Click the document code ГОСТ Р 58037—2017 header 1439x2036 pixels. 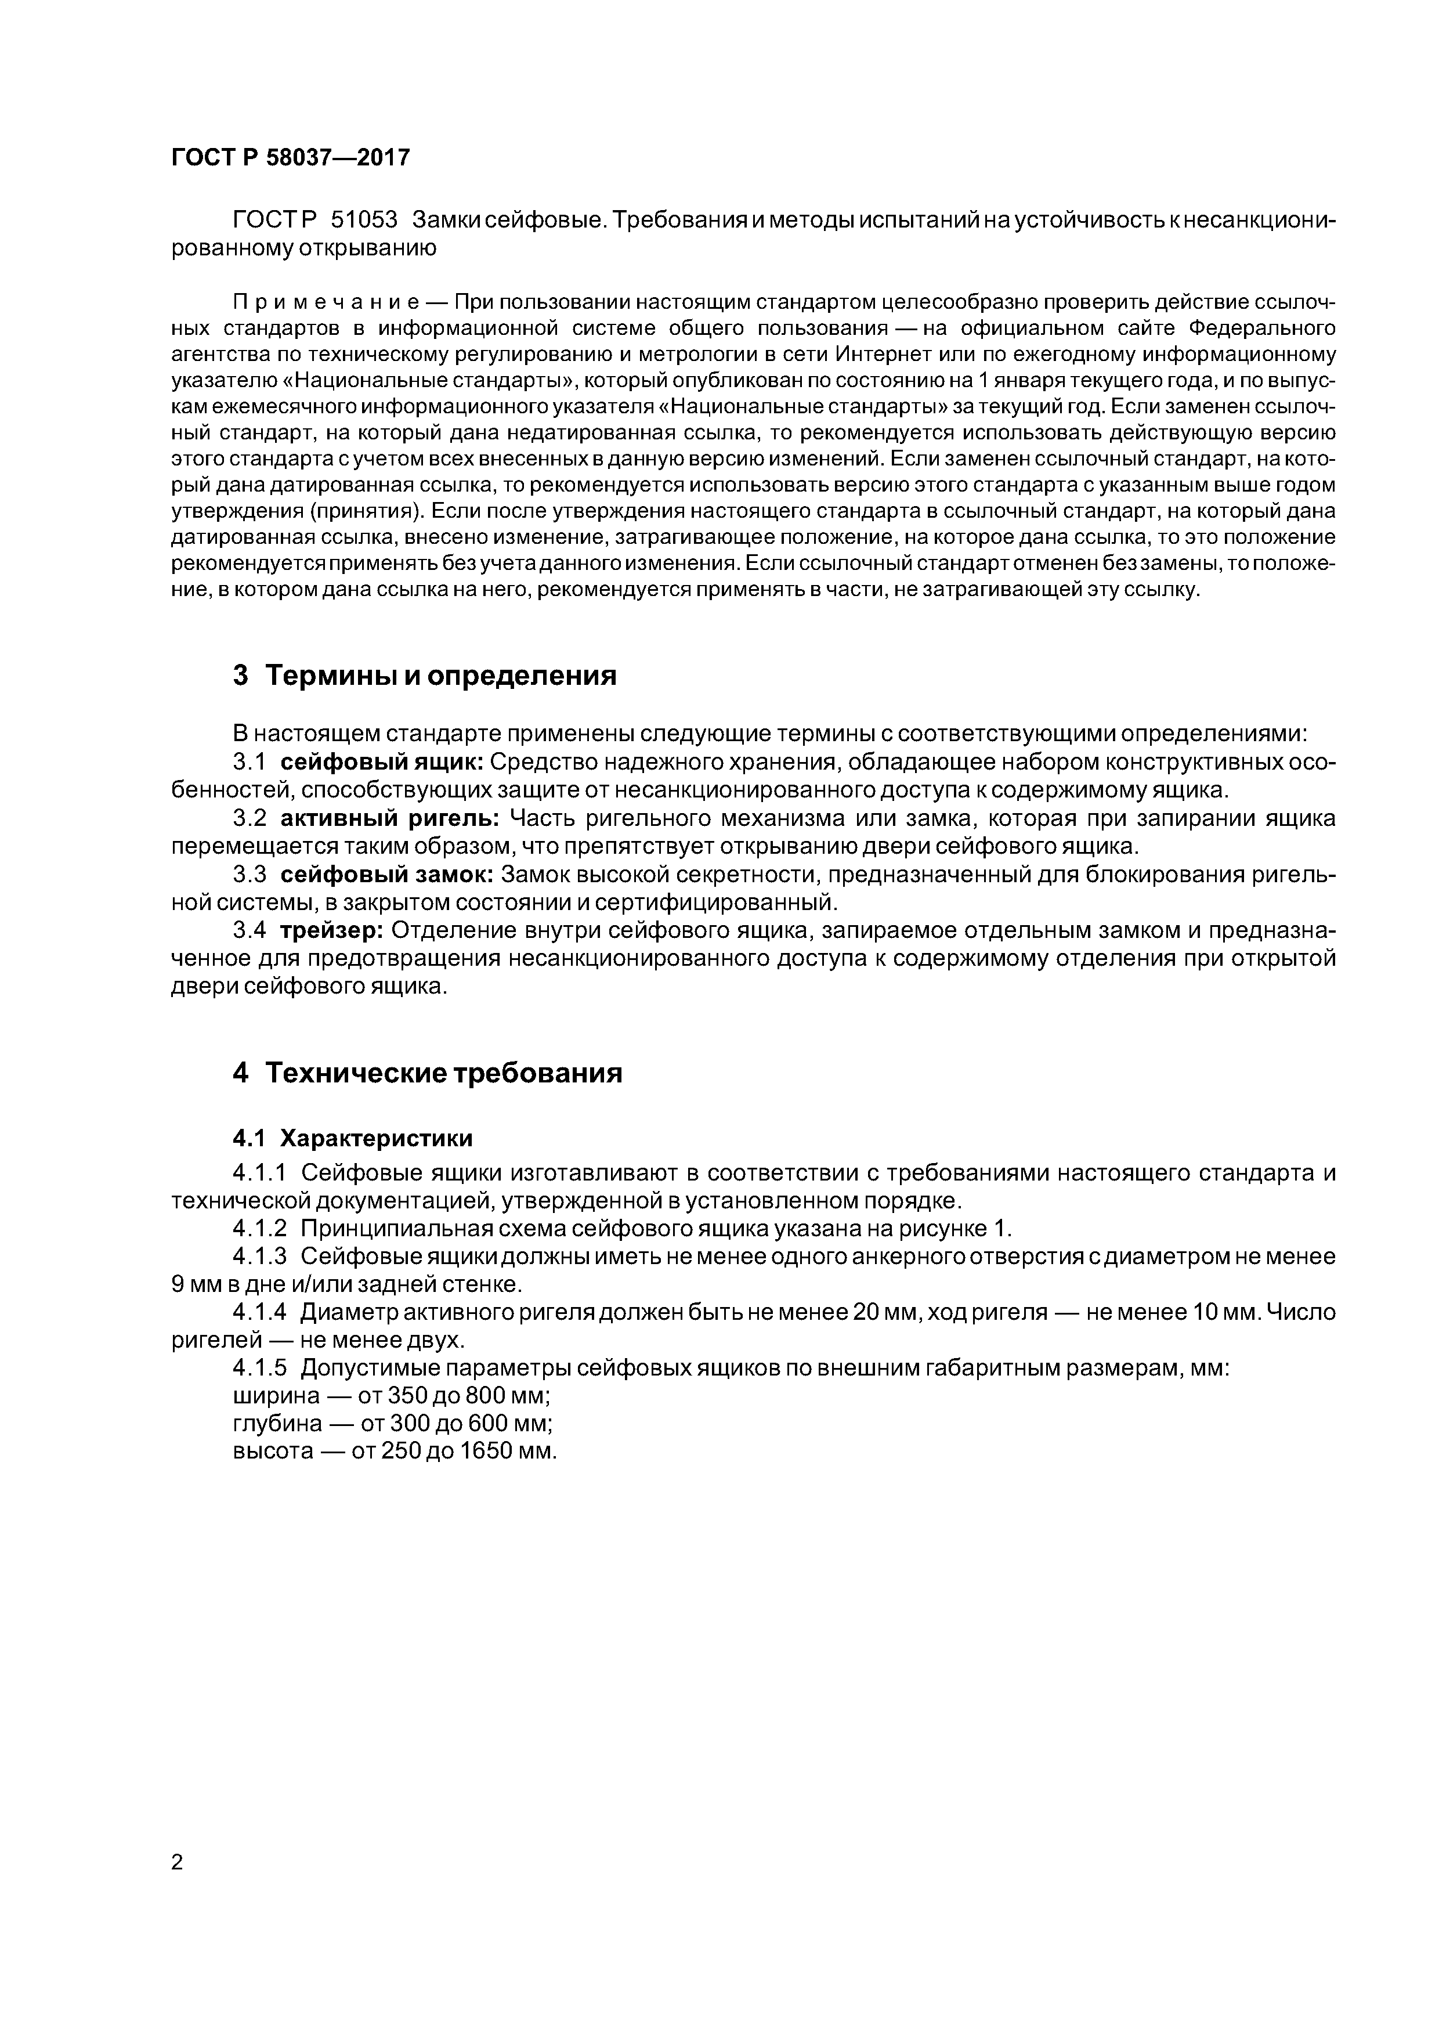(x=290, y=158)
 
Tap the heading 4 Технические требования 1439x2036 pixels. (x=428, y=1073)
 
